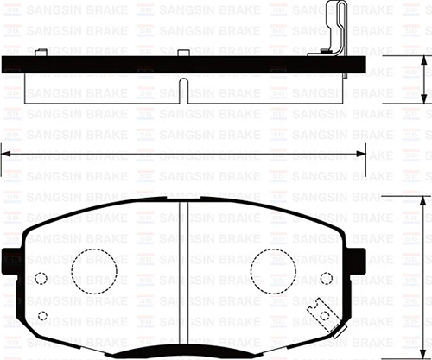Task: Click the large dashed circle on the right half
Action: click(x=275, y=270)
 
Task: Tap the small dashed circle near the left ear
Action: click(x=41, y=278)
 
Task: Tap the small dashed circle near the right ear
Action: click(x=326, y=278)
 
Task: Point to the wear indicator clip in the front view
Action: click(x=324, y=312)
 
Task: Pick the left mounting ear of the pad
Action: click(x=11, y=258)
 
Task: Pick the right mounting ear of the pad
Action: click(x=355, y=258)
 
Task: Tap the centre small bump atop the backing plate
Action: click(x=182, y=53)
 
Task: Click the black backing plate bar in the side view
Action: click(x=130, y=65)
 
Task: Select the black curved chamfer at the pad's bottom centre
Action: click(x=183, y=351)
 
